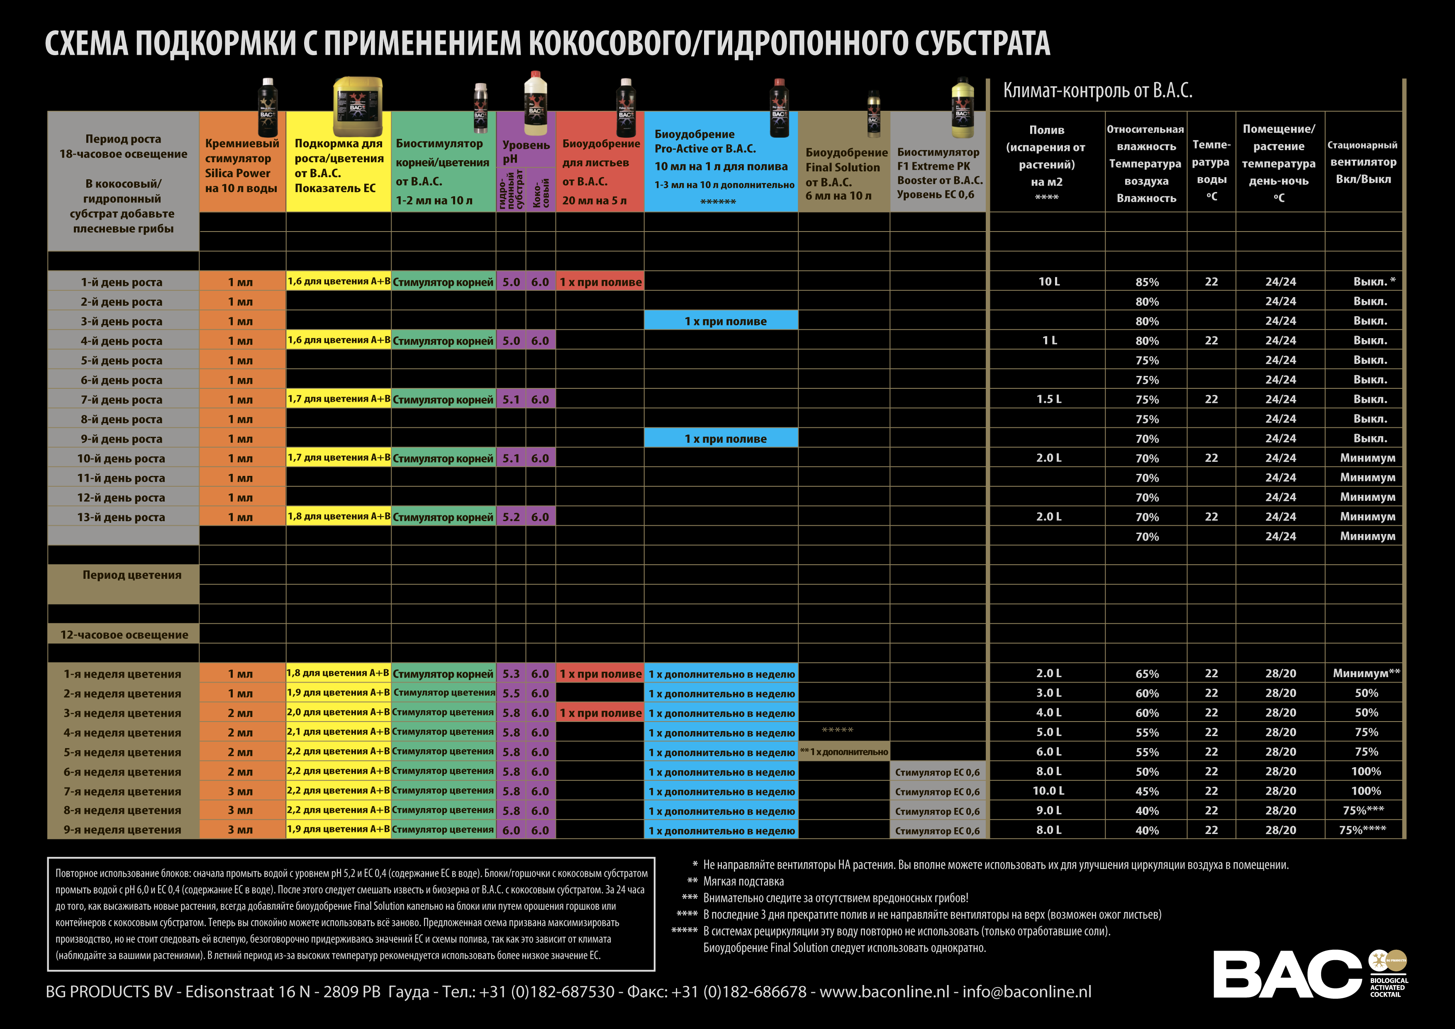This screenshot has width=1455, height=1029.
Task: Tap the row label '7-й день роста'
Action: tap(121, 400)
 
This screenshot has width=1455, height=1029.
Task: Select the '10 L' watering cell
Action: tap(1049, 281)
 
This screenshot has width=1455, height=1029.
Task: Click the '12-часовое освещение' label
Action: tap(124, 635)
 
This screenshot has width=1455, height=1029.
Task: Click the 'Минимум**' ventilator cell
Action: tap(1366, 673)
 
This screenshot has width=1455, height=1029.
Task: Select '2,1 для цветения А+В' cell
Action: tap(338, 732)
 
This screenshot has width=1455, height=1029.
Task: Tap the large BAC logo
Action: tap(1287, 974)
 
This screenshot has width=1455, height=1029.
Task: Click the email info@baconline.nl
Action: tap(1026, 992)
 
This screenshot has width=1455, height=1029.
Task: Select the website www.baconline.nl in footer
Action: tap(884, 992)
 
